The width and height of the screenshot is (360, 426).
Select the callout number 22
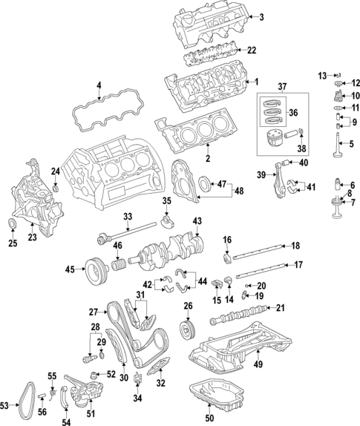pos(252,50)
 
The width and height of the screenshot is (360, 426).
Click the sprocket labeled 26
pos(187,327)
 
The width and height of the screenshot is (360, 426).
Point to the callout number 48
pos(238,191)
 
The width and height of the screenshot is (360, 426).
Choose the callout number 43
pos(196,221)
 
